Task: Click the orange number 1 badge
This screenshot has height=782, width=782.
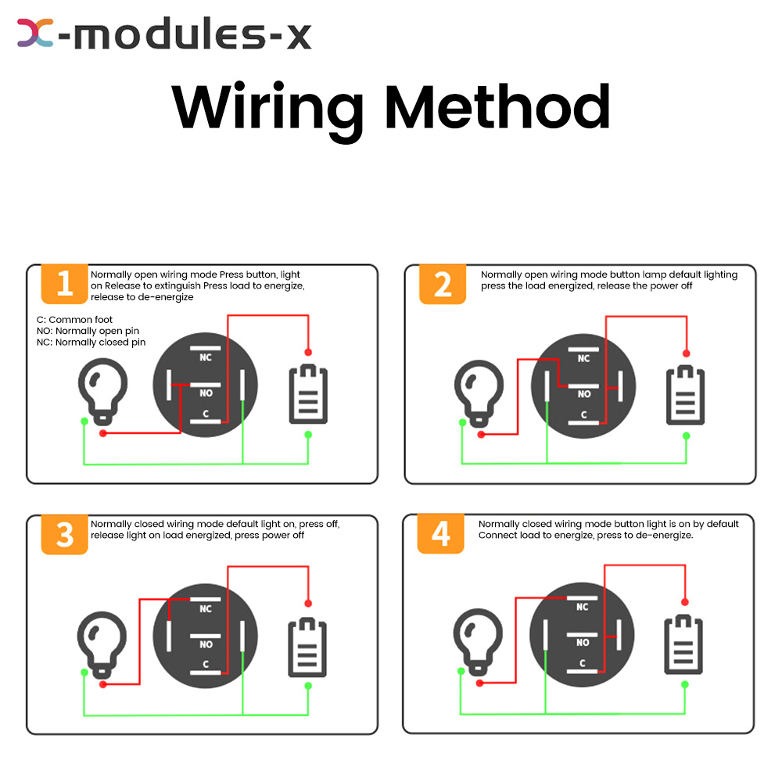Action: (x=64, y=284)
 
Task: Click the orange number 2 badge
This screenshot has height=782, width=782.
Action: (x=443, y=284)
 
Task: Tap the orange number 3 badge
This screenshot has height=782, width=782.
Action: (x=64, y=535)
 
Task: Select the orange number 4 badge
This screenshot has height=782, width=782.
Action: (x=440, y=533)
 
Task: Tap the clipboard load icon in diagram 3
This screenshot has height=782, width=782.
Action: (x=307, y=647)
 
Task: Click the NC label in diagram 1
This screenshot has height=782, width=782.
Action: (x=206, y=357)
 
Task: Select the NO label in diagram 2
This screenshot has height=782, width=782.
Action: (x=584, y=394)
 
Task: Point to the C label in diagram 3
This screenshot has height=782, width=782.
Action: (x=206, y=664)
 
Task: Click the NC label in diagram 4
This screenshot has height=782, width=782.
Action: (x=582, y=607)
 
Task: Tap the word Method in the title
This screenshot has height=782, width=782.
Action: (x=497, y=106)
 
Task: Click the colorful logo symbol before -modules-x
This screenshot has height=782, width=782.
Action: (x=35, y=33)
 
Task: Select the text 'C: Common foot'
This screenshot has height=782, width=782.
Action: (x=74, y=320)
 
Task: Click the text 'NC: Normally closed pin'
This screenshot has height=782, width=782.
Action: (x=91, y=343)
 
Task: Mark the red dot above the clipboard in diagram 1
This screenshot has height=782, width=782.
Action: (x=308, y=353)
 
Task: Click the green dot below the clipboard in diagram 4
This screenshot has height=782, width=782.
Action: (x=685, y=685)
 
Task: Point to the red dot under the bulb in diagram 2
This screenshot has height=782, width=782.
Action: (x=481, y=435)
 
